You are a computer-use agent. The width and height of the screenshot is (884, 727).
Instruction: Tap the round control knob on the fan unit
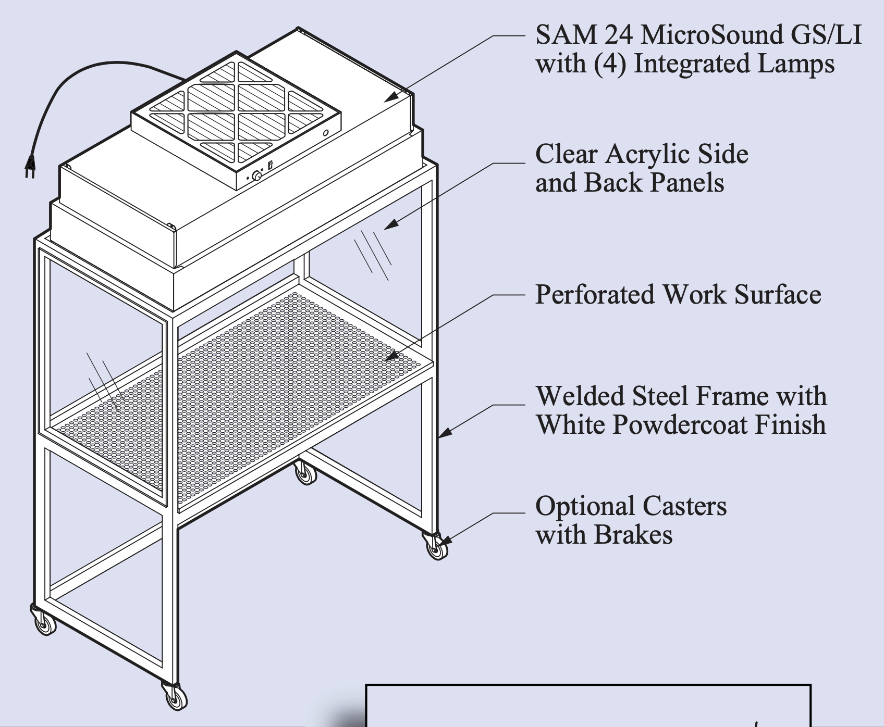pyautogui.click(x=256, y=176)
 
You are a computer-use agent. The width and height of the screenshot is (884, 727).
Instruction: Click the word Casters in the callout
pyautogui.click(x=684, y=506)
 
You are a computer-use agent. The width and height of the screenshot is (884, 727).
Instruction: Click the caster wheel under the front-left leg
pyautogui.click(x=45, y=623)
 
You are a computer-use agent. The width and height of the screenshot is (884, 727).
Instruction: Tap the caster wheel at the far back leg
pyautogui.click(x=305, y=474)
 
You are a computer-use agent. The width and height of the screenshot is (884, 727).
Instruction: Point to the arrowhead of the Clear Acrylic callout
pyautogui.click(x=389, y=224)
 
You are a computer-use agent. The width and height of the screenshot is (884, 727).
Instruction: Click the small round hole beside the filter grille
pyautogui.click(x=326, y=133)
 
